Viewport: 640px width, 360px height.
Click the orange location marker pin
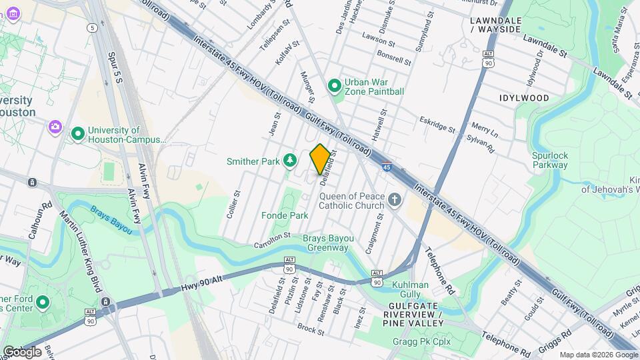[x=320, y=159]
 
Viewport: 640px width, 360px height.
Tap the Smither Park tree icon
[x=289, y=160]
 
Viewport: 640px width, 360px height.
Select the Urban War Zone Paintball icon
[x=335, y=86]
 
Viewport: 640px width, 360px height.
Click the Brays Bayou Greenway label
[x=327, y=243]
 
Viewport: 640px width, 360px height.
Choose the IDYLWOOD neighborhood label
[x=524, y=98]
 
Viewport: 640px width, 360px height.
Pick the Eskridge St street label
[x=437, y=124]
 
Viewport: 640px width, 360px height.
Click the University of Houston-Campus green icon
[x=78, y=135]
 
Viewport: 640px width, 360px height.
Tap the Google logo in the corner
[x=21, y=351]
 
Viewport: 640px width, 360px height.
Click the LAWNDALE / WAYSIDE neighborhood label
[x=495, y=25]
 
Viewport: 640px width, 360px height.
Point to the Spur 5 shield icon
[x=91, y=27]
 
